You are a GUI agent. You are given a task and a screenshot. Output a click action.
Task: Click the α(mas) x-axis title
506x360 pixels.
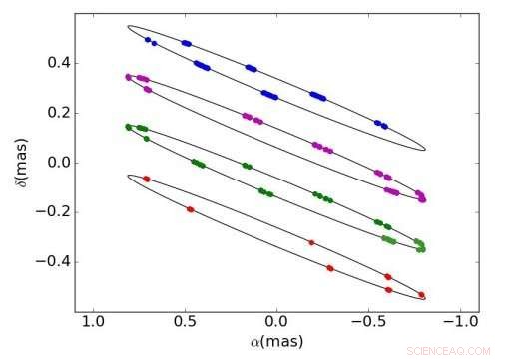[276, 343]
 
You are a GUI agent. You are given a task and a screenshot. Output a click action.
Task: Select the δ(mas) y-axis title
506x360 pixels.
[18, 163]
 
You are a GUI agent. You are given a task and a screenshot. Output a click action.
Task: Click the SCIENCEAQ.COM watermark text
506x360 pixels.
[455, 351]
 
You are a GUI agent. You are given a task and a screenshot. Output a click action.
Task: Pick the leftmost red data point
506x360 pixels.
[147, 179]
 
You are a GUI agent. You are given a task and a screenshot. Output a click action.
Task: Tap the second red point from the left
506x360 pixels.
[190, 209]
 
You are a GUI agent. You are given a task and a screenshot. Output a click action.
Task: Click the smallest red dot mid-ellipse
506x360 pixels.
[311, 242]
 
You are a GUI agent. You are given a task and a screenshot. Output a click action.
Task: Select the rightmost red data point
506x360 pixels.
[422, 295]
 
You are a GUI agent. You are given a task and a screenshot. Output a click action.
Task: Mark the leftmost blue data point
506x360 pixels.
[147, 40]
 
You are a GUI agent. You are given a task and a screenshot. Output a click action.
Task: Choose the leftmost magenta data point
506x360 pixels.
[128, 77]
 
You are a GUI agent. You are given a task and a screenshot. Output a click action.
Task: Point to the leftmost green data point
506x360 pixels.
[128, 127]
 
